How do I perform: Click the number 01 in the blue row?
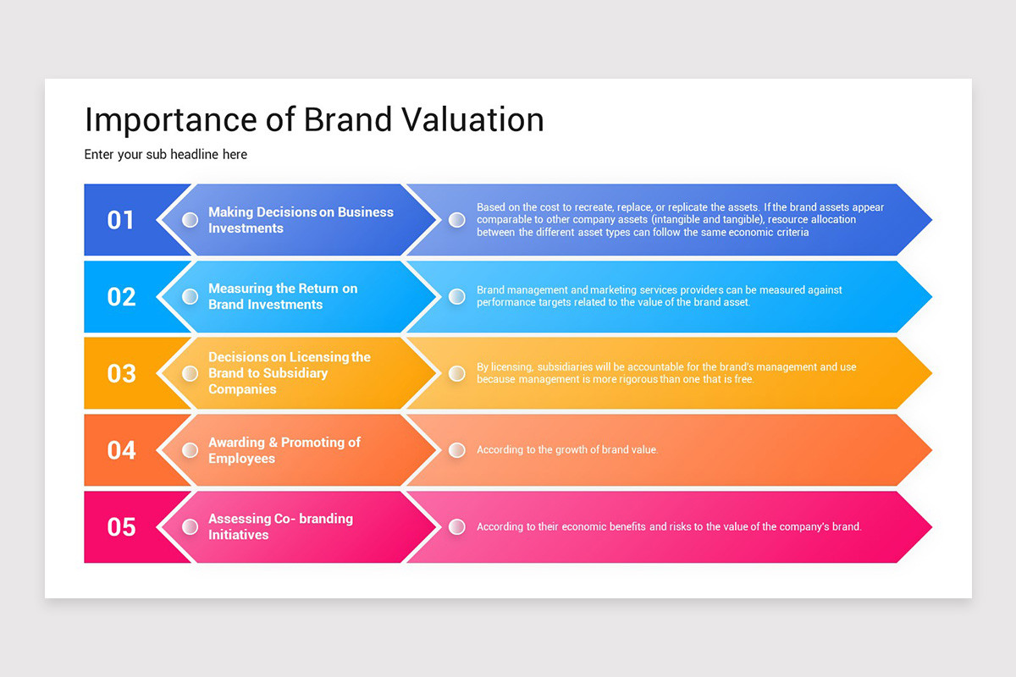[x=120, y=220]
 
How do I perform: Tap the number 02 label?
[x=120, y=297]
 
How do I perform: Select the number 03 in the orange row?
[x=120, y=373]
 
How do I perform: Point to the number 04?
[x=120, y=450]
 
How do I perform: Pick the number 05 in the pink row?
[x=120, y=526]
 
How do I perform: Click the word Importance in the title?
[x=168, y=121]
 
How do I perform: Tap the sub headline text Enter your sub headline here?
[x=166, y=154]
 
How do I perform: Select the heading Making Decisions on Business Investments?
[x=301, y=220]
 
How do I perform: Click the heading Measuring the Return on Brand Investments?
[x=283, y=296]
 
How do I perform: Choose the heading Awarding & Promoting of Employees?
[x=284, y=450]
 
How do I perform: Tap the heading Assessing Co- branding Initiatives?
[x=280, y=526]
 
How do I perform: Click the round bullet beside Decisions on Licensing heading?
[x=190, y=373]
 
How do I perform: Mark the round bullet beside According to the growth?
[x=457, y=450]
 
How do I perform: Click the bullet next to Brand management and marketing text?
[x=457, y=296]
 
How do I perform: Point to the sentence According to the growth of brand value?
[x=567, y=450]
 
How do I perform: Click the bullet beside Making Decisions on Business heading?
[x=190, y=220]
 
